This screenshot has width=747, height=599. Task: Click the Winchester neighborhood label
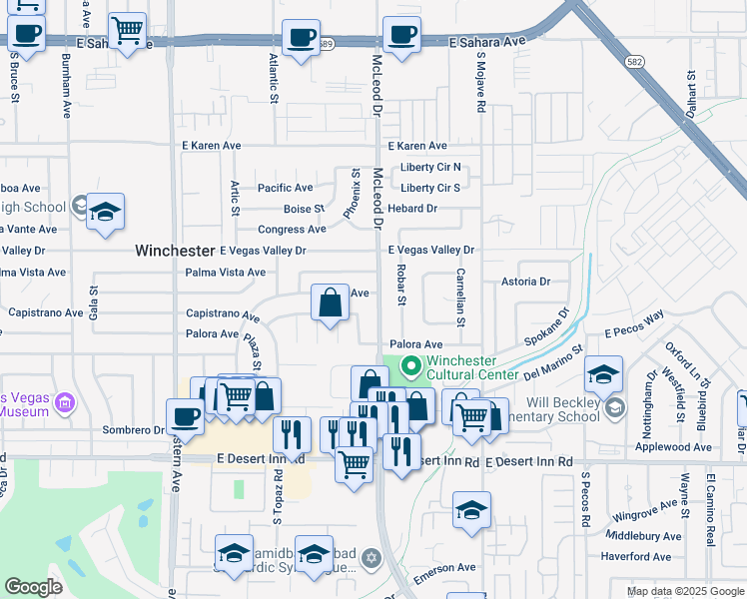tap(175, 251)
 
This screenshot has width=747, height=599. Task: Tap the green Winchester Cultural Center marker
tap(408, 367)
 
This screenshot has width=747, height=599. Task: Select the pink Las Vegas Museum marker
tap(66, 404)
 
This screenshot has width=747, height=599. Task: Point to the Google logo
tap(33, 587)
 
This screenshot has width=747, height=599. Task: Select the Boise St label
tap(304, 209)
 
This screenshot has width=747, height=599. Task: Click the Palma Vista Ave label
tap(226, 272)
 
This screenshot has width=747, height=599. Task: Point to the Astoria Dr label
tap(526, 282)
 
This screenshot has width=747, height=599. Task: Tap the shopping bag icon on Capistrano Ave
tap(330, 302)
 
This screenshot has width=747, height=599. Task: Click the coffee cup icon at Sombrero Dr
tap(183, 416)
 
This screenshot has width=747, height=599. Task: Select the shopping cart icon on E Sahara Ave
tap(127, 32)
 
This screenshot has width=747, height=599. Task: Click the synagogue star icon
tap(372, 556)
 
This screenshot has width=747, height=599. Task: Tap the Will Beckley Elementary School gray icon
tap(615, 407)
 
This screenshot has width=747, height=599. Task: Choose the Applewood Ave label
tap(680, 447)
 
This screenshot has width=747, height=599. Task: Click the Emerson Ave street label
tap(444, 567)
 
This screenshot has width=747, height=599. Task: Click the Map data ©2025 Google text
tap(686, 591)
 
